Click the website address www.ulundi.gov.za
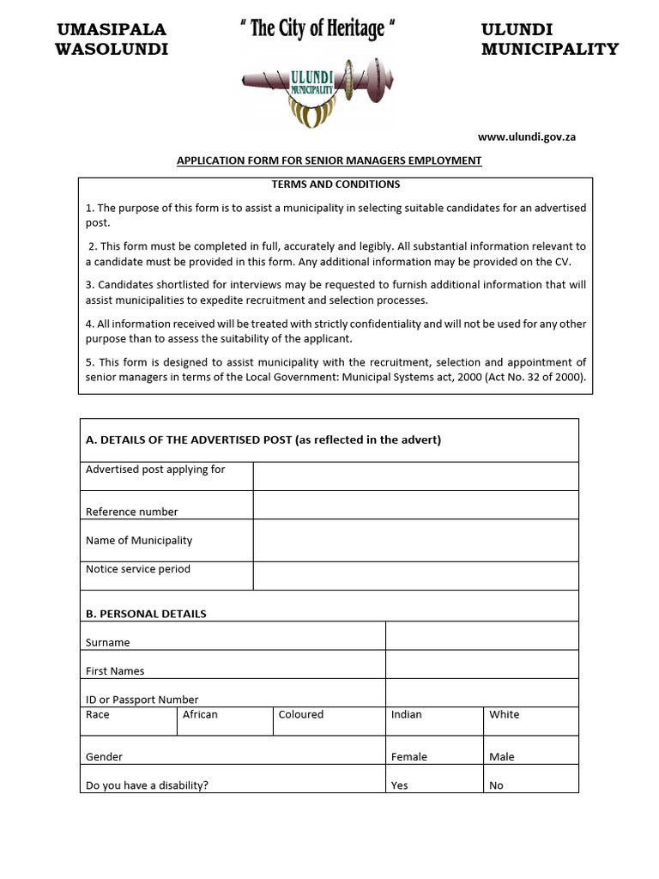click(526, 137)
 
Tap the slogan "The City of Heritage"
click(317, 29)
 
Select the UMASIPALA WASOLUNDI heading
click(112, 39)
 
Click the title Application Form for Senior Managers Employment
click(329, 161)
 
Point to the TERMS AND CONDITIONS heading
click(336, 185)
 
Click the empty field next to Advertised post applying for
click(415, 476)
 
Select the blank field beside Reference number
click(415, 505)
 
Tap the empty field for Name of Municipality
click(415, 541)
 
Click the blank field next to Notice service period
click(415, 576)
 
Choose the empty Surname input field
click(481, 636)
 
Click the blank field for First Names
click(481, 664)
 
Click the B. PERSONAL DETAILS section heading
click(146, 614)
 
